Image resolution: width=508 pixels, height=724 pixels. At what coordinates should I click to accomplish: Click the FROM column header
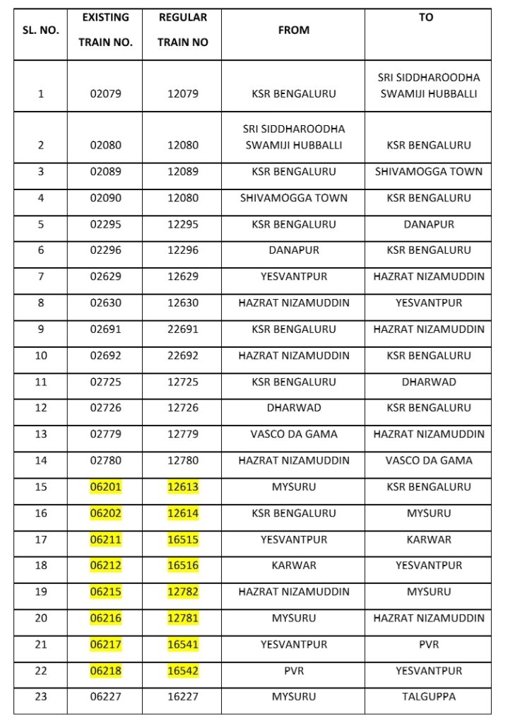click(x=293, y=30)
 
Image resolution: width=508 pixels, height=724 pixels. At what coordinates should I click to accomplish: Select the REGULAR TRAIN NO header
click(x=182, y=30)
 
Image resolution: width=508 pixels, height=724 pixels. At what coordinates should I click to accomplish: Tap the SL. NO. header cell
click(x=40, y=30)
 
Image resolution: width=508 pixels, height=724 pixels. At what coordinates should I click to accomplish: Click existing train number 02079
click(x=105, y=93)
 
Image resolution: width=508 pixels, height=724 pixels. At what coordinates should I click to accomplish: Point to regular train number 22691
click(x=183, y=329)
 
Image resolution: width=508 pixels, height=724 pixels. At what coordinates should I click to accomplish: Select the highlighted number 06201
click(x=105, y=486)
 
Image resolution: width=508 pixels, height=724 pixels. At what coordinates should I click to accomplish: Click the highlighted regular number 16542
click(x=183, y=670)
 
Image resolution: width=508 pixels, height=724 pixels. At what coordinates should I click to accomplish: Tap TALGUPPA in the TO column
click(x=428, y=696)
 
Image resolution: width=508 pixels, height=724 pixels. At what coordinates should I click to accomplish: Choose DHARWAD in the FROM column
click(x=293, y=408)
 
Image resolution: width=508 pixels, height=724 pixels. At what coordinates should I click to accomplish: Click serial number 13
click(x=40, y=434)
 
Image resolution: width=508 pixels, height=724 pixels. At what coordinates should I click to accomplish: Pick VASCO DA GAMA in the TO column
click(x=428, y=460)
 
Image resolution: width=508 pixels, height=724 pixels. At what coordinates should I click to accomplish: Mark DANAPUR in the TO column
click(x=428, y=224)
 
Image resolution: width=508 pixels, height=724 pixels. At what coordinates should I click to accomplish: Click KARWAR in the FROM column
click(x=293, y=566)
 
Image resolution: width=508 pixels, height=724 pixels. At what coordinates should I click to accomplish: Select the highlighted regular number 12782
click(x=183, y=592)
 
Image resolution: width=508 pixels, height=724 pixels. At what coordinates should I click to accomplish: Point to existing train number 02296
click(x=105, y=250)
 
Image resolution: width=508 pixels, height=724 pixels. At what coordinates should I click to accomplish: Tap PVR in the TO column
click(x=428, y=644)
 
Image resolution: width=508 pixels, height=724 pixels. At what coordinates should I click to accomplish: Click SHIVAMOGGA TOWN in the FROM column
click(x=293, y=198)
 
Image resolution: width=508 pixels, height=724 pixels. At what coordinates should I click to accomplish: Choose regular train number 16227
click(x=183, y=696)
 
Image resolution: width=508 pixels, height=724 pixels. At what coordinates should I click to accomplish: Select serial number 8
click(x=40, y=303)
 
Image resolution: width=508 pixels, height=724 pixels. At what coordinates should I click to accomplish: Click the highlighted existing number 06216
click(x=105, y=618)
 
